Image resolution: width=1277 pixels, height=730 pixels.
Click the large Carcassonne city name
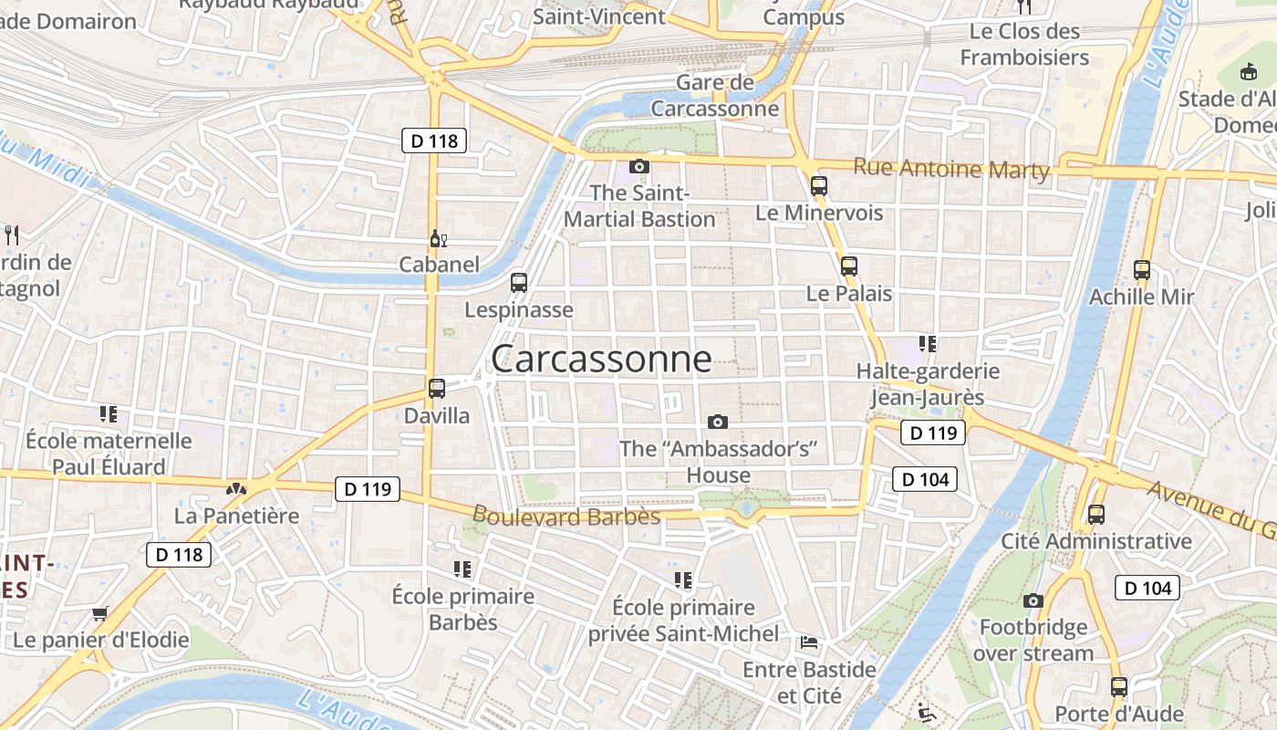pyautogui.click(x=601, y=359)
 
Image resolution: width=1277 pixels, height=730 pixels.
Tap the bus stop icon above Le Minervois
pyautogui.click(x=819, y=185)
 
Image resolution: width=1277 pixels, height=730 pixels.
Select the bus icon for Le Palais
pyautogui.click(x=849, y=266)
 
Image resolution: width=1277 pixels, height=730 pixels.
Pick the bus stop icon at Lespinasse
pyautogui.click(x=519, y=282)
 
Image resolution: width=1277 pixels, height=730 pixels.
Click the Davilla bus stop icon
pyautogui.click(x=437, y=388)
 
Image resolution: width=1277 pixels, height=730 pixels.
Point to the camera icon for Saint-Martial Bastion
pyautogui.click(x=639, y=166)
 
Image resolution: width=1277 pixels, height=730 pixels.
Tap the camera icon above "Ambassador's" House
pyautogui.click(x=718, y=422)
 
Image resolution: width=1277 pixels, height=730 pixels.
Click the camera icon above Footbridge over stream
pyautogui.click(x=1033, y=600)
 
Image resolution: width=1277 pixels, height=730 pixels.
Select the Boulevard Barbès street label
pyautogui.click(x=566, y=516)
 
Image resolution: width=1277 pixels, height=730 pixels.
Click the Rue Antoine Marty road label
pyautogui.click(x=951, y=169)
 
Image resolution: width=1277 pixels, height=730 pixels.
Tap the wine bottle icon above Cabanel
pyautogui.click(x=439, y=239)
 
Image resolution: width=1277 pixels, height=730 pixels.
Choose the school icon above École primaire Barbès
pyautogui.click(x=462, y=569)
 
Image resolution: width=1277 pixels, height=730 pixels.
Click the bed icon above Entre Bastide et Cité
pyautogui.click(x=809, y=642)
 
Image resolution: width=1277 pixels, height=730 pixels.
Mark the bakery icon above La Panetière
pyautogui.click(x=236, y=489)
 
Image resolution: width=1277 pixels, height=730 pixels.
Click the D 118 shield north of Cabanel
pyautogui.click(x=434, y=141)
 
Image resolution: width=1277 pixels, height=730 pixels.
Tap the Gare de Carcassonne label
pyautogui.click(x=715, y=96)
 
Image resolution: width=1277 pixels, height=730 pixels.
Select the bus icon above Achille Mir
pyautogui.click(x=1142, y=270)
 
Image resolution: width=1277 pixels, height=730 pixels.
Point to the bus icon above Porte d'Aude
pyautogui.click(x=1119, y=687)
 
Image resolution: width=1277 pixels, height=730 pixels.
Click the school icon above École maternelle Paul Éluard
pyautogui.click(x=109, y=414)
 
